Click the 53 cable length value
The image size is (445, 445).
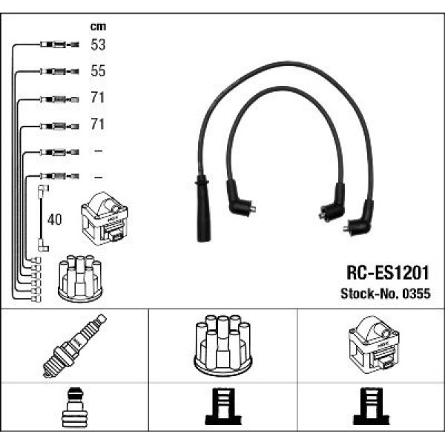[x=98, y=45]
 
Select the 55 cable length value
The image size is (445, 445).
[x=98, y=71]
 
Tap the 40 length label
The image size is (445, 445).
[x=54, y=220]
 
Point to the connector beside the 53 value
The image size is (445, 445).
[x=56, y=45]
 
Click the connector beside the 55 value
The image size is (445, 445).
[x=56, y=71]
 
